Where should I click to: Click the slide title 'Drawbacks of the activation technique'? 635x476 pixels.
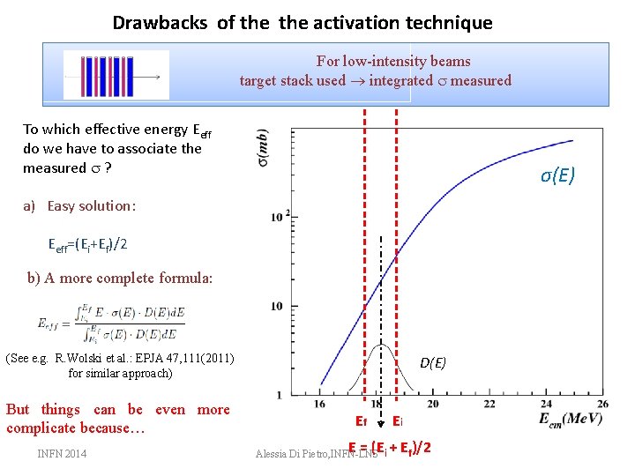[x=303, y=23]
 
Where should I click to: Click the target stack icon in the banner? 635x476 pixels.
[x=116, y=75]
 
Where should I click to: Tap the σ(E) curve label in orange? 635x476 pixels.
[x=557, y=176]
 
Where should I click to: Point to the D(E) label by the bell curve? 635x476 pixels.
[x=433, y=362]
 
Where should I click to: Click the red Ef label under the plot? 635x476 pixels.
[x=361, y=421]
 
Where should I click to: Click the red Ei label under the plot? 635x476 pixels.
[x=398, y=421]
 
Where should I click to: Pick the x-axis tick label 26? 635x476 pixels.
[x=601, y=403]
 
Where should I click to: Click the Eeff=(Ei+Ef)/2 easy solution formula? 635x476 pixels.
[x=88, y=244]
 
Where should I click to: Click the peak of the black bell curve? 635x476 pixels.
[x=380, y=346]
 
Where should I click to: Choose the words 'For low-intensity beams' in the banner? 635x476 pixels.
[x=393, y=62]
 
